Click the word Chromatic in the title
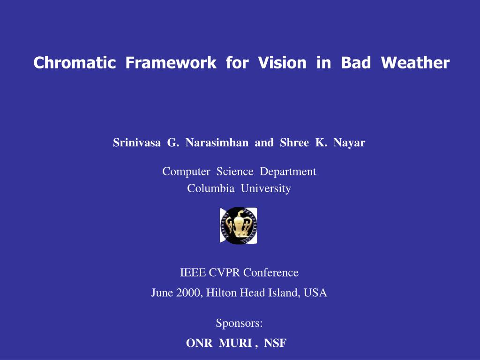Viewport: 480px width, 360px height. pyautogui.click(x=75, y=62)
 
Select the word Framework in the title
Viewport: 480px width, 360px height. pyautogui.click(x=171, y=62)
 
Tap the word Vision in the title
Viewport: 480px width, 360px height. pyautogui.click(x=282, y=62)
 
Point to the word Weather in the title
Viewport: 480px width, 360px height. pyautogui.click(x=415, y=62)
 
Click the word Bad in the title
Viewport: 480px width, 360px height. pyautogui.click(x=356, y=62)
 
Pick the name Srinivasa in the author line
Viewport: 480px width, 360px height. pyautogui.click(x=137, y=142)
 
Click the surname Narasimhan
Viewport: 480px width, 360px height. pyautogui.click(x=217, y=142)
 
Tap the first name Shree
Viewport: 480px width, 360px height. pyautogui.click(x=294, y=142)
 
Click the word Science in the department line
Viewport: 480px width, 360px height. pyautogui.click(x=235, y=172)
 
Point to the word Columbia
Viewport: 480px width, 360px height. pyautogui.click(x=210, y=188)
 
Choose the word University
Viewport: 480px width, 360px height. pyautogui.click(x=266, y=189)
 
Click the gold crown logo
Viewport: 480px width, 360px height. pyautogui.click(x=239, y=225)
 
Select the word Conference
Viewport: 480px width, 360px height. pyautogui.click(x=271, y=272)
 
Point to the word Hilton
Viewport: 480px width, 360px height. pyautogui.click(x=221, y=292)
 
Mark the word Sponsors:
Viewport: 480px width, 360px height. pyautogui.click(x=239, y=323)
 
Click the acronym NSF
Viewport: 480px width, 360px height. pyautogui.click(x=275, y=343)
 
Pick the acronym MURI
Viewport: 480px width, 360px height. pyautogui.click(x=235, y=343)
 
